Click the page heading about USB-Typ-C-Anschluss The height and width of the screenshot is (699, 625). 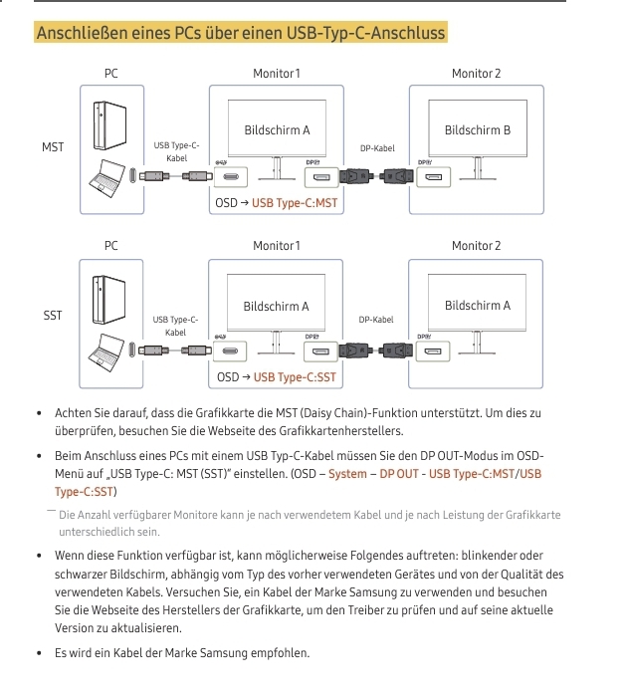[240, 34]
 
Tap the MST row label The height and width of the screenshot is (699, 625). [53, 147]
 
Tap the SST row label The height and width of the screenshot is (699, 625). [53, 316]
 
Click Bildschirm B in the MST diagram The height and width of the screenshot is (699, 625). [478, 130]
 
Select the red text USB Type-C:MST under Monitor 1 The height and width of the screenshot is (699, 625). [295, 203]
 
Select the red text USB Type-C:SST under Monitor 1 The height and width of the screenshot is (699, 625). [295, 377]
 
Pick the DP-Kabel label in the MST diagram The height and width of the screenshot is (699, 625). [377, 148]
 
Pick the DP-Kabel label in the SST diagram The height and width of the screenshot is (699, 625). [376, 320]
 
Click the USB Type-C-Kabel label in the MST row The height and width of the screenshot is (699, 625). [176, 152]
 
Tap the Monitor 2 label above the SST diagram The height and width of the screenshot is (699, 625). [476, 246]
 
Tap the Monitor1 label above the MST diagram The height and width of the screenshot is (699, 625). [276, 74]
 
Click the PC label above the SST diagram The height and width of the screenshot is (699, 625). [110, 246]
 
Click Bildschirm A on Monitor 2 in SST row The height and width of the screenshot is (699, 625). [478, 306]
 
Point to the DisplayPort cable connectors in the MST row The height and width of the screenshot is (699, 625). [376, 179]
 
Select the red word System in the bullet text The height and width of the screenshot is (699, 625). [347, 474]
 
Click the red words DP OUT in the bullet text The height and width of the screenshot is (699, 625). [399, 474]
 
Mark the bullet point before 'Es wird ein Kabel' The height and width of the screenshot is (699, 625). [39, 653]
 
